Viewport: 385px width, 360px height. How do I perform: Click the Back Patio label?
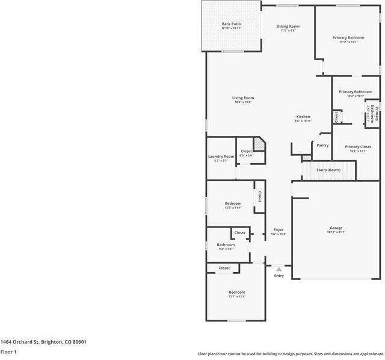tap(231, 24)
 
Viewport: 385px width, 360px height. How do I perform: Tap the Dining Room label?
tap(288, 26)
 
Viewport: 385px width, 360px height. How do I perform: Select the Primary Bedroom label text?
tap(348, 37)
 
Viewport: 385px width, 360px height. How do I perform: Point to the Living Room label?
tap(243, 98)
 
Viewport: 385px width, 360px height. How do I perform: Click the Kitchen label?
tap(303, 116)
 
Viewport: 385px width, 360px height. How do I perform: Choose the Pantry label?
tap(322, 145)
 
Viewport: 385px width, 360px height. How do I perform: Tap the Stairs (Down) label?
tap(328, 170)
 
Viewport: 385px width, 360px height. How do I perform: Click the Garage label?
tap(336, 228)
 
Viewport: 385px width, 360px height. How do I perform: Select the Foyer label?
tap(279, 229)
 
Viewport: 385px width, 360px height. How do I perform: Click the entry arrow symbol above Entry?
tap(279, 269)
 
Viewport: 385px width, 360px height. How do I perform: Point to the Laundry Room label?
tap(221, 157)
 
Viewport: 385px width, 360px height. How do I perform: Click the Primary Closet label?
tap(357, 146)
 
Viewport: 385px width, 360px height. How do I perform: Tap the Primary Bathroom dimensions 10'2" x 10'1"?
tap(351, 96)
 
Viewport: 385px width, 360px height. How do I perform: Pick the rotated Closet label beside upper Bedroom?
tap(260, 196)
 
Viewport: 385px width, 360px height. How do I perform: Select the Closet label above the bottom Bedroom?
tap(224, 268)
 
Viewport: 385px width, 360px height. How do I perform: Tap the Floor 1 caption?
tap(8, 352)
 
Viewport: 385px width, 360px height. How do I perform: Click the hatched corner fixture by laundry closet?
tap(259, 144)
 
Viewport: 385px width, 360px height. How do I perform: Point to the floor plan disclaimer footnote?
tap(291, 353)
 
